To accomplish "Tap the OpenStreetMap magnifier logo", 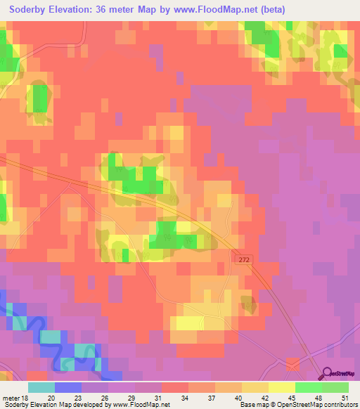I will [328, 373].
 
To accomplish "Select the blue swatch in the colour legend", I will [67, 387].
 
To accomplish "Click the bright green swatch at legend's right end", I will [335, 387].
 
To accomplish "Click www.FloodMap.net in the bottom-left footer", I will [138, 405].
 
